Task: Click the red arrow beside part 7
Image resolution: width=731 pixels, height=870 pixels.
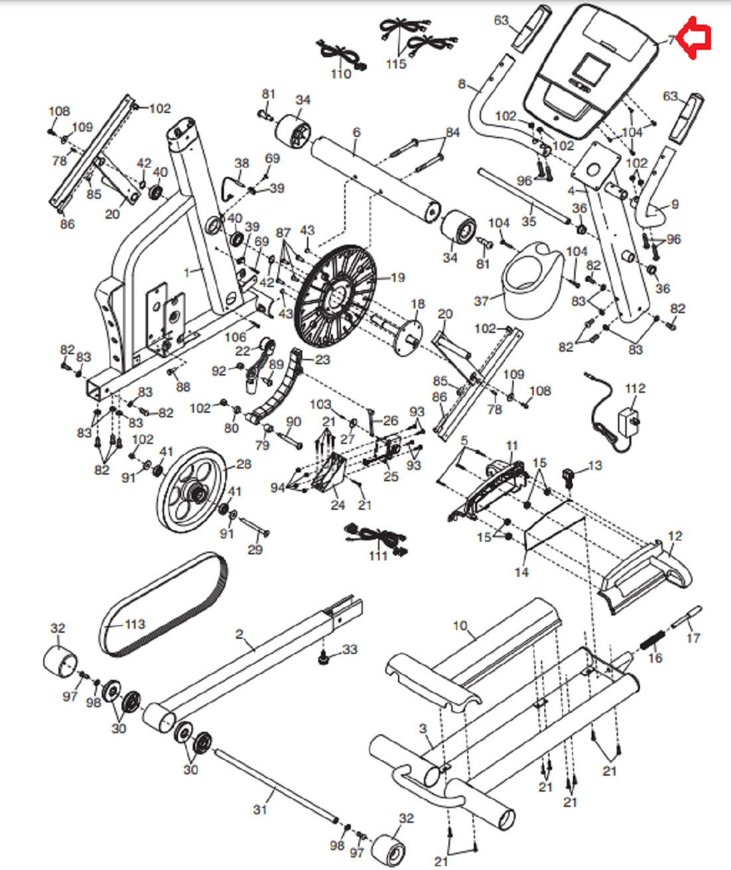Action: [x=694, y=38]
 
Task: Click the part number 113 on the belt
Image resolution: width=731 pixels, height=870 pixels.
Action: [x=135, y=624]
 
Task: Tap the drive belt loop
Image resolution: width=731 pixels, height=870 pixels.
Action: [x=163, y=605]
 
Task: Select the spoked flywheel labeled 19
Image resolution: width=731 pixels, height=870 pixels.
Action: [x=335, y=296]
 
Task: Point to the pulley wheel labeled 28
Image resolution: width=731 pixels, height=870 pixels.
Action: [x=192, y=491]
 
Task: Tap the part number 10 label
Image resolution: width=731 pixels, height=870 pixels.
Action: [x=460, y=625]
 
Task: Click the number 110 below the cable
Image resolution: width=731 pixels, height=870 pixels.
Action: [x=341, y=74]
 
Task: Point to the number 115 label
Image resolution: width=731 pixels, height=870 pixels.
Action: [x=396, y=64]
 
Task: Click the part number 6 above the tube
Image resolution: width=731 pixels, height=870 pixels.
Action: [x=356, y=132]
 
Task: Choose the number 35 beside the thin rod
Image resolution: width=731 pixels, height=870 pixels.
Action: [x=529, y=221]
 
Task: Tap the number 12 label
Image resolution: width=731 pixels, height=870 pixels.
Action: [x=675, y=536]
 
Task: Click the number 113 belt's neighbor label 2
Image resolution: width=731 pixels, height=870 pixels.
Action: [x=239, y=634]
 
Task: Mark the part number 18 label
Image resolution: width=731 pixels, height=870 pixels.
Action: [x=417, y=304]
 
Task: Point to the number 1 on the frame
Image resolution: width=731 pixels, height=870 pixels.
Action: [x=187, y=273]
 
